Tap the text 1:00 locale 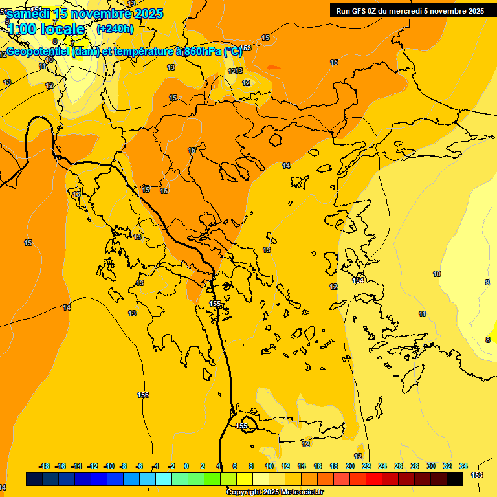coord(47,29)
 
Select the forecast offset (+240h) coord(115,28)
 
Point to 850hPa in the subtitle coord(204,52)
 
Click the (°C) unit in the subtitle coord(233,52)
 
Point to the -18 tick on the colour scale coord(44,466)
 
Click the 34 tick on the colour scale coord(463,466)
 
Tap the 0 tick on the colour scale coord(186,466)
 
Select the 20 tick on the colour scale coord(350,466)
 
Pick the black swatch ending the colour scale coord(455,479)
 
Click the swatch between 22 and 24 coord(374,479)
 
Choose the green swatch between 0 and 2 coord(195,479)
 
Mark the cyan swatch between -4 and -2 coord(164,479)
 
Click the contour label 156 coord(144,395)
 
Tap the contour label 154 coord(358,280)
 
